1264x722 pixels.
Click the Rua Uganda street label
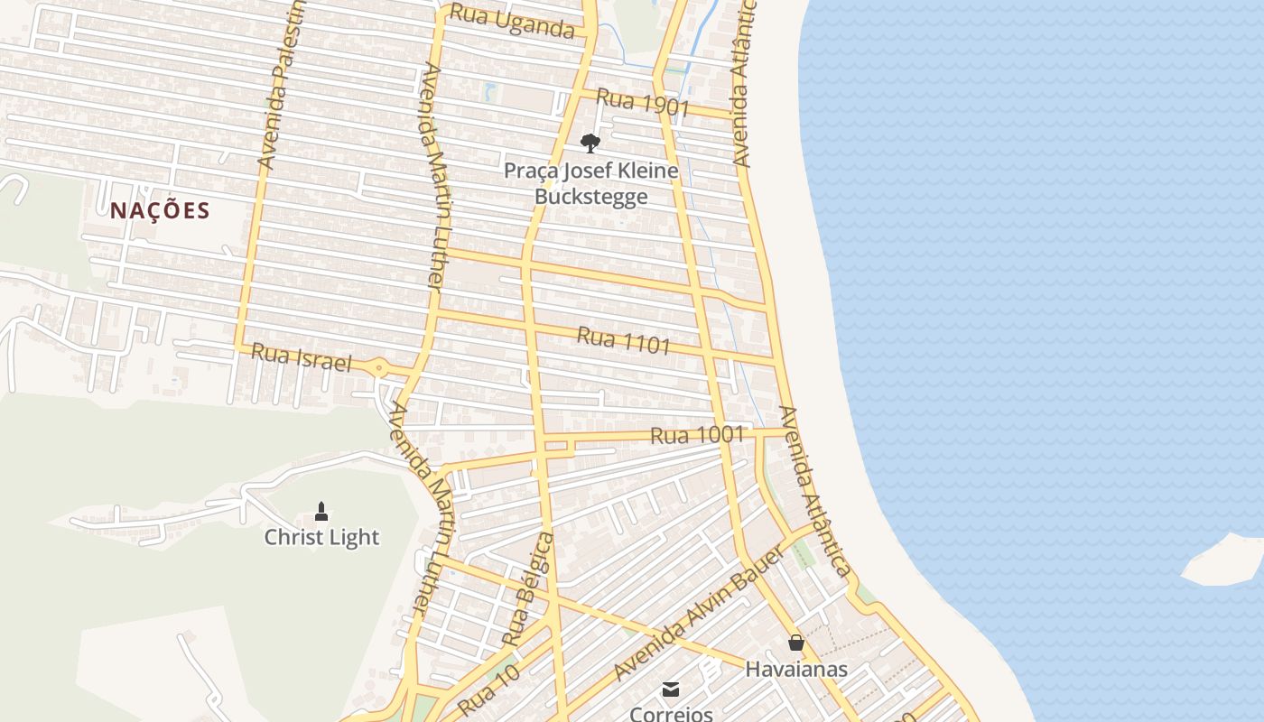click(512, 21)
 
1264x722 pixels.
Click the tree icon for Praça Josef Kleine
click(590, 143)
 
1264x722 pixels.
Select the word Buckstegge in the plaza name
click(590, 196)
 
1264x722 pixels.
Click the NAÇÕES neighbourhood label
click(160, 211)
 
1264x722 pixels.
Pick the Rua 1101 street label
click(624, 340)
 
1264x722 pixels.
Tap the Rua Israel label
click(301, 357)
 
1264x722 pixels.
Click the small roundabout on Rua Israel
click(378, 367)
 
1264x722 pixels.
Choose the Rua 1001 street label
click(697, 435)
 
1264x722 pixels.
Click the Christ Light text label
click(321, 538)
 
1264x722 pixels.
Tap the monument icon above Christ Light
click(321, 513)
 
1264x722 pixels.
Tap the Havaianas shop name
click(796, 669)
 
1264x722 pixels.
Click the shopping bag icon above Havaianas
click(796, 643)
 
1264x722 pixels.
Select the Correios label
click(671, 714)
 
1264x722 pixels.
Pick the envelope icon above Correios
click(671, 690)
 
